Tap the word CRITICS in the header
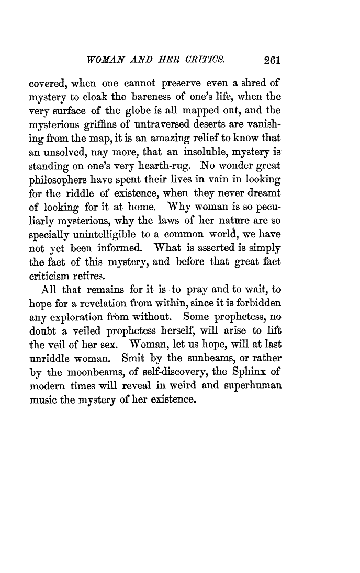(207, 60)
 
